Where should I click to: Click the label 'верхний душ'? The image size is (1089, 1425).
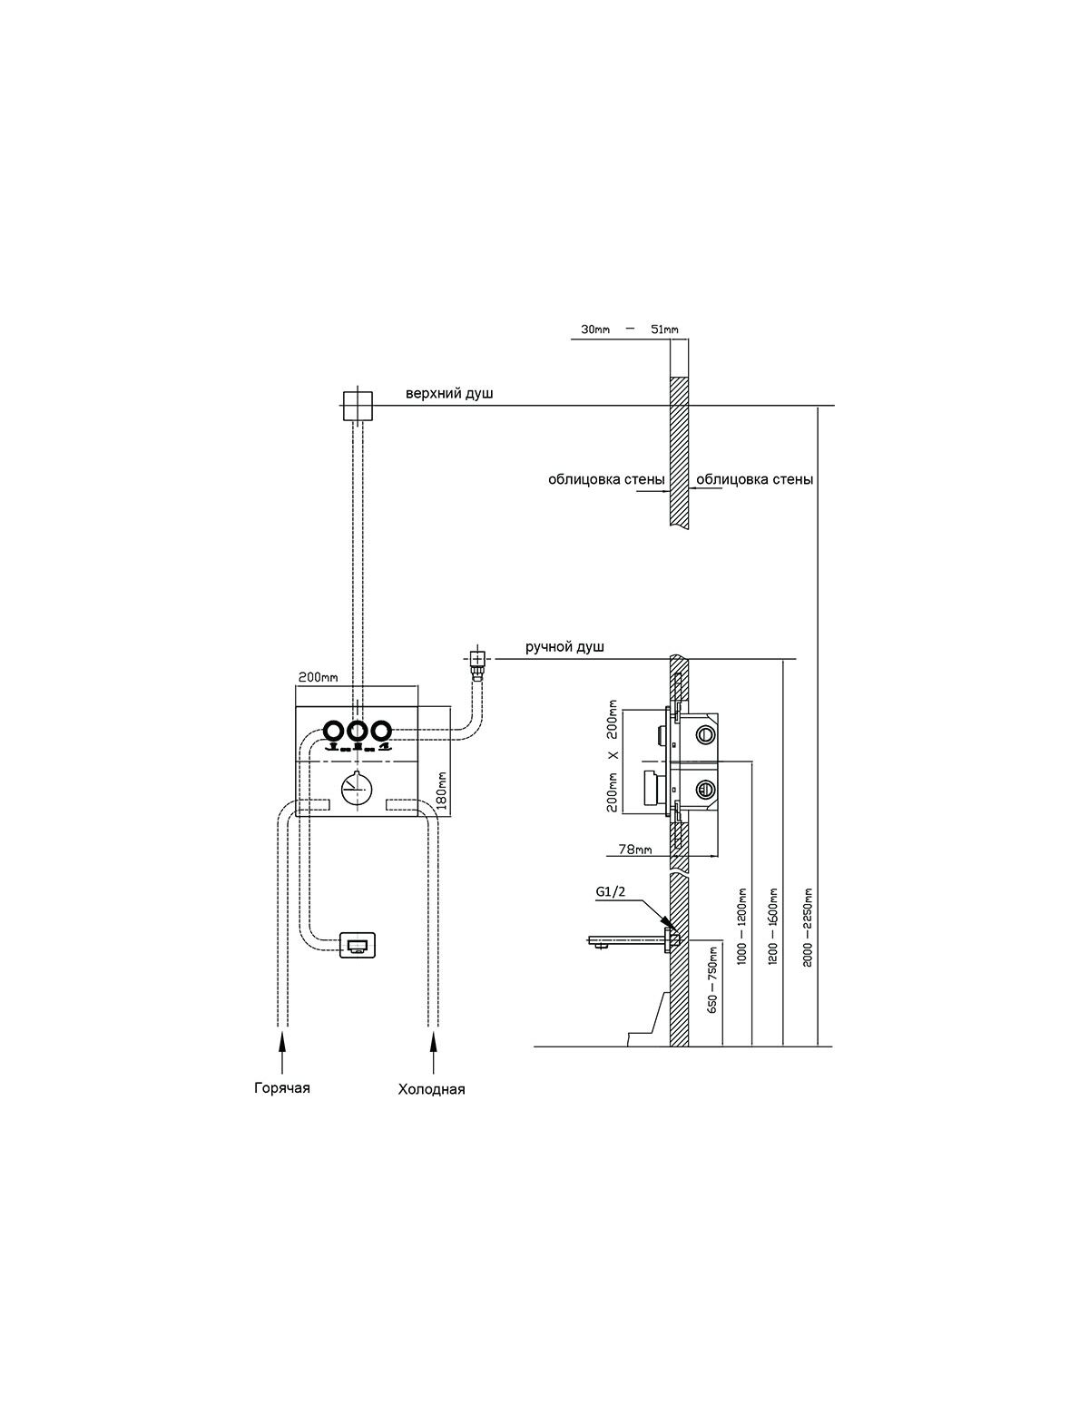pyautogui.click(x=449, y=394)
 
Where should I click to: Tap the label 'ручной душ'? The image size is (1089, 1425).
pyautogui.click(x=564, y=647)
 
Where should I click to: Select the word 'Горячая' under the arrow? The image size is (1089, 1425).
pyautogui.click(x=281, y=1088)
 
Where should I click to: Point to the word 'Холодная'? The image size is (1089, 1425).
pyautogui.click(x=432, y=1089)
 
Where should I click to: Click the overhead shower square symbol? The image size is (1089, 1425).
pyautogui.click(x=357, y=407)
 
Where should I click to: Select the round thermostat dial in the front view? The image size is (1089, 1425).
pyautogui.click(x=356, y=788)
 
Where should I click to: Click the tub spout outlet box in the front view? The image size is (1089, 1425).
pyautogui.click(x=358, y=945)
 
